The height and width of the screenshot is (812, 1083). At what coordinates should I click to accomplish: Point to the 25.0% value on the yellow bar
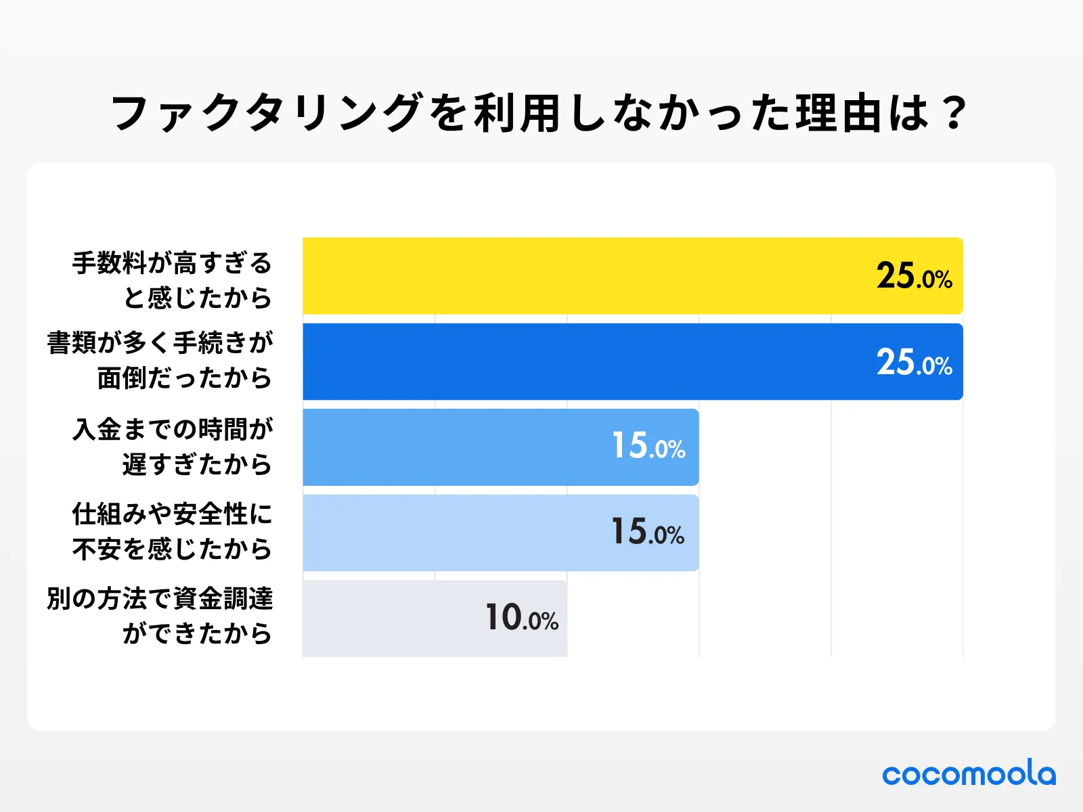tap(914, 276)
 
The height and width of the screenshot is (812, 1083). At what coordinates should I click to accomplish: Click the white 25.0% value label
tap(914, 362)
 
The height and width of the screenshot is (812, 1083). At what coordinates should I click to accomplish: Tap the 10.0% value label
tap(522, 618)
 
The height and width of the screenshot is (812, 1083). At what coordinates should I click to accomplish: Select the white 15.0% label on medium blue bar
tap(648, 447)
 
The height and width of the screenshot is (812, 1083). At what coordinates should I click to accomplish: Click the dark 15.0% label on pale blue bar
tap(648, 532)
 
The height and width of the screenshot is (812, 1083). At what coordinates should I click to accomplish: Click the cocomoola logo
tap(969, 773)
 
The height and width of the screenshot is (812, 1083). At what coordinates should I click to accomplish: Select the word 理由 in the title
tap(837, 113)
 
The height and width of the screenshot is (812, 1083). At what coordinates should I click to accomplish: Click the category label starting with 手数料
tap(173, 279)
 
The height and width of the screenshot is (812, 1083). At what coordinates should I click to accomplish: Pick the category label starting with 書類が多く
tap(160, 360)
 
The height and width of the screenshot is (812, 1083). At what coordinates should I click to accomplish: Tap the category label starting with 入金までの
tap(173, 447)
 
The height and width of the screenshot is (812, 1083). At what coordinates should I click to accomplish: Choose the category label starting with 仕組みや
tap(173, 532)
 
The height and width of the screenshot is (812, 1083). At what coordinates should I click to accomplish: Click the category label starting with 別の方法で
tap(160, 616)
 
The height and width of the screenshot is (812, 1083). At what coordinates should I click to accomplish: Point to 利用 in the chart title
tap(516, 113)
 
